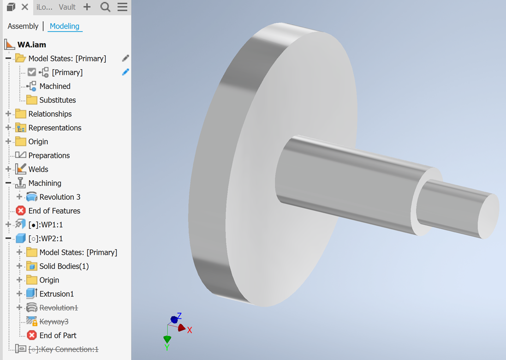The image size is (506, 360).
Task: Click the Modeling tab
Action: click(x=64, y=26)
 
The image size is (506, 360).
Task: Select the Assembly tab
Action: click(x=23, y=26)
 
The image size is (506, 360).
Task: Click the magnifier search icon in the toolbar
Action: click(x=105, y=7)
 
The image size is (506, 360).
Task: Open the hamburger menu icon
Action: click(x=122, y=7)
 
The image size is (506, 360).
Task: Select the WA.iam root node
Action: click(x=31, y=45)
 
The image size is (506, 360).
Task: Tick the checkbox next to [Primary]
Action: click(x=32, y=72)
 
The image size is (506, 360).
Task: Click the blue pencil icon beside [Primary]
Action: click(x=125, y=72)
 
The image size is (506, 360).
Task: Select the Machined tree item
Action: click(x=54, y=86)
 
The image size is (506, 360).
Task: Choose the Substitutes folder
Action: click(x=57, y=100)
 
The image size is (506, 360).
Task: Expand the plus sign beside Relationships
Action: click(x=8, y=114)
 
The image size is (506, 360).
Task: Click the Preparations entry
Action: click(x=49, y=156)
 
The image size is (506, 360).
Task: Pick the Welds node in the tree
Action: click(x=38, y=169)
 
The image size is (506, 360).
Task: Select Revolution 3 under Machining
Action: click(x=60, y=197)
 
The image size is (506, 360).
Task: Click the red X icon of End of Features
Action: click(x=21, y=211)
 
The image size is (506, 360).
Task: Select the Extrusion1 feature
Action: click(x=56, y=294)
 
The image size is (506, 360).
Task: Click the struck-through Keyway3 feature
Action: click(x=54, y=322)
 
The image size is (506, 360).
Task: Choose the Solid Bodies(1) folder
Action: click(x=64, y=266)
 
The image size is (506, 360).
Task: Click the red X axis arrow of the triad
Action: click(x=182, y=328)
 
